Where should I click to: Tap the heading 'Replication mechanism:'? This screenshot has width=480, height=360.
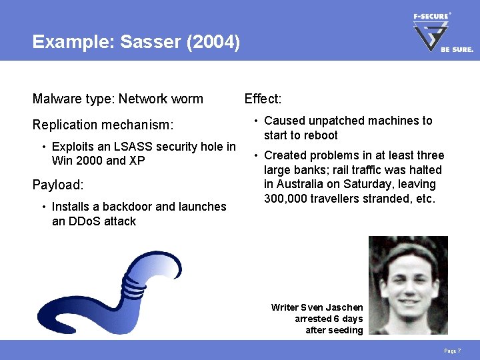(x=103, y=125)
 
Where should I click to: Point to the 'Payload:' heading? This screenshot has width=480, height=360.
(x=57, y=185)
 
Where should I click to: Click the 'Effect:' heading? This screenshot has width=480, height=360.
(x=263, y=99)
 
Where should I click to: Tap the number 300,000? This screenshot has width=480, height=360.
(x=286, y=199)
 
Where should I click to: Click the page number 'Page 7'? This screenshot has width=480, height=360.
(x=453, y=351)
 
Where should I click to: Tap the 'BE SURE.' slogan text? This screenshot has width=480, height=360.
(x=457, y=50)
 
